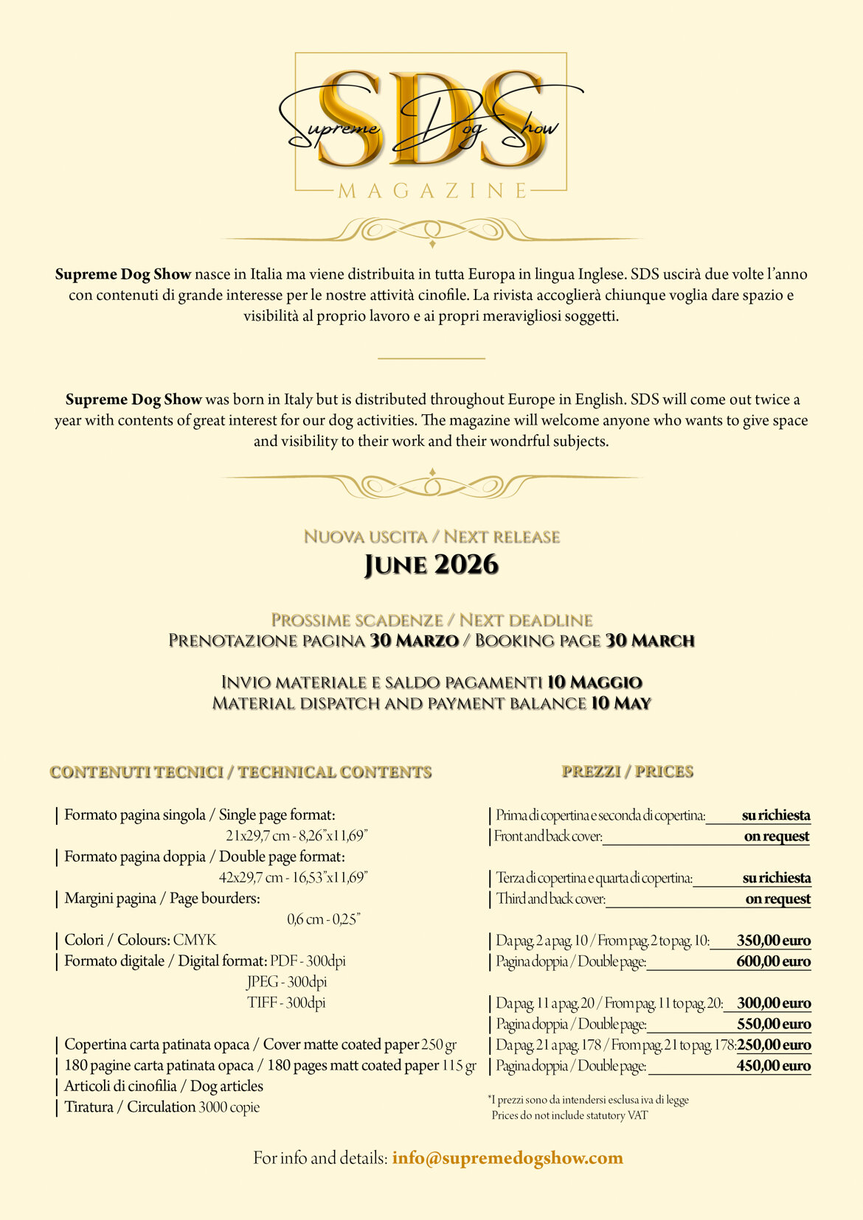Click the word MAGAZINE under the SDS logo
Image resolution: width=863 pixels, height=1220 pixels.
point(432,191)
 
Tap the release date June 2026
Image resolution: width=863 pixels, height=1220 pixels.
point(431,565)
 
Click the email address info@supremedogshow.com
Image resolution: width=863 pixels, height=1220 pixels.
point(507,1157)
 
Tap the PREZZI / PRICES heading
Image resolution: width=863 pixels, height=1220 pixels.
point(628,772)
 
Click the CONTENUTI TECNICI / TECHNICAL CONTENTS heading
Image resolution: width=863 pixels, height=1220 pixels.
point(240,773)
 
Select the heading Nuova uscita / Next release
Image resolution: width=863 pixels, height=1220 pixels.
point(431,537)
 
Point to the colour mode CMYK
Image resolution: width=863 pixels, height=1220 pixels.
point(195,940)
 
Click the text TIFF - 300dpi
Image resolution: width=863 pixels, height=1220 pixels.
point(286,1003)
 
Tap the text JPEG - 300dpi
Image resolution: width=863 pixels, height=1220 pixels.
point(286,982)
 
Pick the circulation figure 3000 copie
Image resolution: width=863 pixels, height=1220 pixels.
point(229,1107)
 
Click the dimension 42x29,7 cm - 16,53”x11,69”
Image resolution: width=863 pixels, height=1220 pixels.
point(294,877)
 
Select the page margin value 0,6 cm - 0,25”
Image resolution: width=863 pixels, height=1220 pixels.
point(324,919)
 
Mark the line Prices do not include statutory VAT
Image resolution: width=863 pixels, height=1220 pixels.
point(569,1115)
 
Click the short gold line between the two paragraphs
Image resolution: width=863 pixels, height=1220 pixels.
point(431,358)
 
